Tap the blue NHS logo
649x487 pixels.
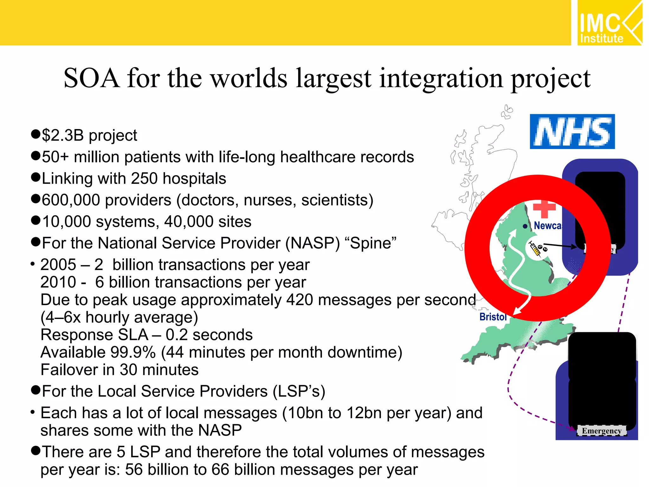click(x=572, y=132)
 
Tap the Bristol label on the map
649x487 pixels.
click(x=493, y=317)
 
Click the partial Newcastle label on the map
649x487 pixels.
click(x=547, y=226)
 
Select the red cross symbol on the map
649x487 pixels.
click(x=544, y=209)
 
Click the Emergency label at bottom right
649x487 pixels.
click(x=601, y=431)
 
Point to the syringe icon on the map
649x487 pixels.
click(x=535, y=249)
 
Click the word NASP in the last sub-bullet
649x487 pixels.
click(x=220, y=431)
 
